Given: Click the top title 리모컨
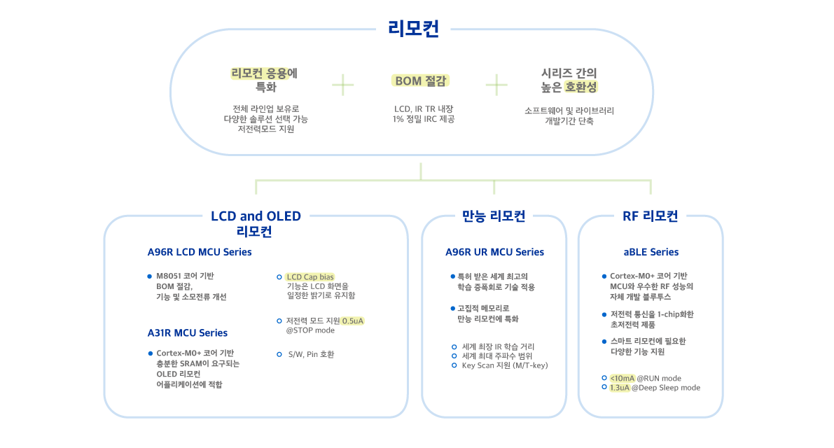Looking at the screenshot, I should click(x=413, y=29).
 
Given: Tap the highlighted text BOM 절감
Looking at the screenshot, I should click(x=420, y=81).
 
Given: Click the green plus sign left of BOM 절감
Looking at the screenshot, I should click(x=343, y=85).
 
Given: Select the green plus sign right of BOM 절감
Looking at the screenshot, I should click(x=496, y=85).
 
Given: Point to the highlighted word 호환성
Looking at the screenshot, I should click(x=581, y=87).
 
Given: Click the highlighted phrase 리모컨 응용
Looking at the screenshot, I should click(x=259, y=73).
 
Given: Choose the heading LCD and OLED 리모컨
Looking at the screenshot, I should click(x=256, y=223).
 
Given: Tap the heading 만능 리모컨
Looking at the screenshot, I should click(x=494, y=216).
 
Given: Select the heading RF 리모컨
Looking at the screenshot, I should click(x=650, y=216).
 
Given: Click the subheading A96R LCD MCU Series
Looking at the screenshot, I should click(x=200, y=252).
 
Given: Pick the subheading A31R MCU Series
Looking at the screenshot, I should click(x=187, y=332).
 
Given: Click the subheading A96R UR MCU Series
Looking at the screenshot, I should click(x=494, y=252).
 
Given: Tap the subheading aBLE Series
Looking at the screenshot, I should click(x=651, y=252).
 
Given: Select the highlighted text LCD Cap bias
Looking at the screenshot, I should click(x=310, y=277).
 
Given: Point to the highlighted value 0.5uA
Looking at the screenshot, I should click(x=352, y=321).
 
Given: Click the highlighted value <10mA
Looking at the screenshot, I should click(x=623, y=379).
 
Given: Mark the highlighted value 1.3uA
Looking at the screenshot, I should click(x=620, y=388).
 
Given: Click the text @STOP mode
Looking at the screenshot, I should click(x=310, y=330).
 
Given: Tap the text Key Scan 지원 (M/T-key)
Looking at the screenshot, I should click(x=504, y=365).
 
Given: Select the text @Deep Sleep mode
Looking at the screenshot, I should click(x=666, y=388).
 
